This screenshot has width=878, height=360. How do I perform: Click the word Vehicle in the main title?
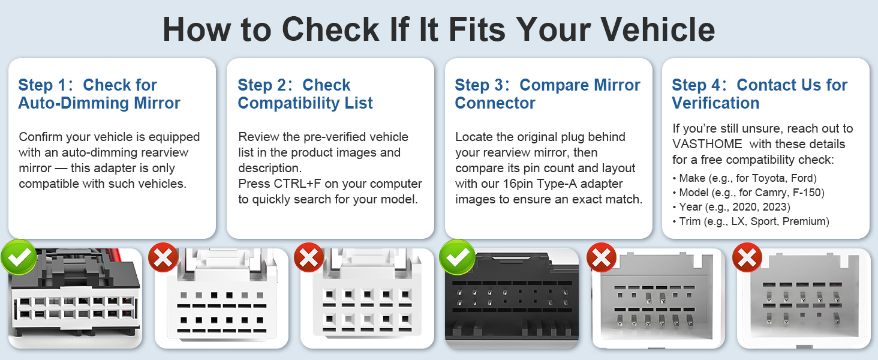tap(658, 29)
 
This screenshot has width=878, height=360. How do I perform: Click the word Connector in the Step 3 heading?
tap(495, 103)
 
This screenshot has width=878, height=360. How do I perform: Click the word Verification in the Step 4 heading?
tap(715, 103)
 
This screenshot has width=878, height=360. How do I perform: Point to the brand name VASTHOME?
tap(707, 144)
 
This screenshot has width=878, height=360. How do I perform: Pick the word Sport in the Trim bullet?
tap(764, 221)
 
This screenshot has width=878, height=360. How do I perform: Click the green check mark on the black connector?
tap(457, 257)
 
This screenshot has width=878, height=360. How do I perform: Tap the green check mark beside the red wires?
tap(19, 257)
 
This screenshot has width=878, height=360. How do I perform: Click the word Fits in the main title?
tap(477, 29)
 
